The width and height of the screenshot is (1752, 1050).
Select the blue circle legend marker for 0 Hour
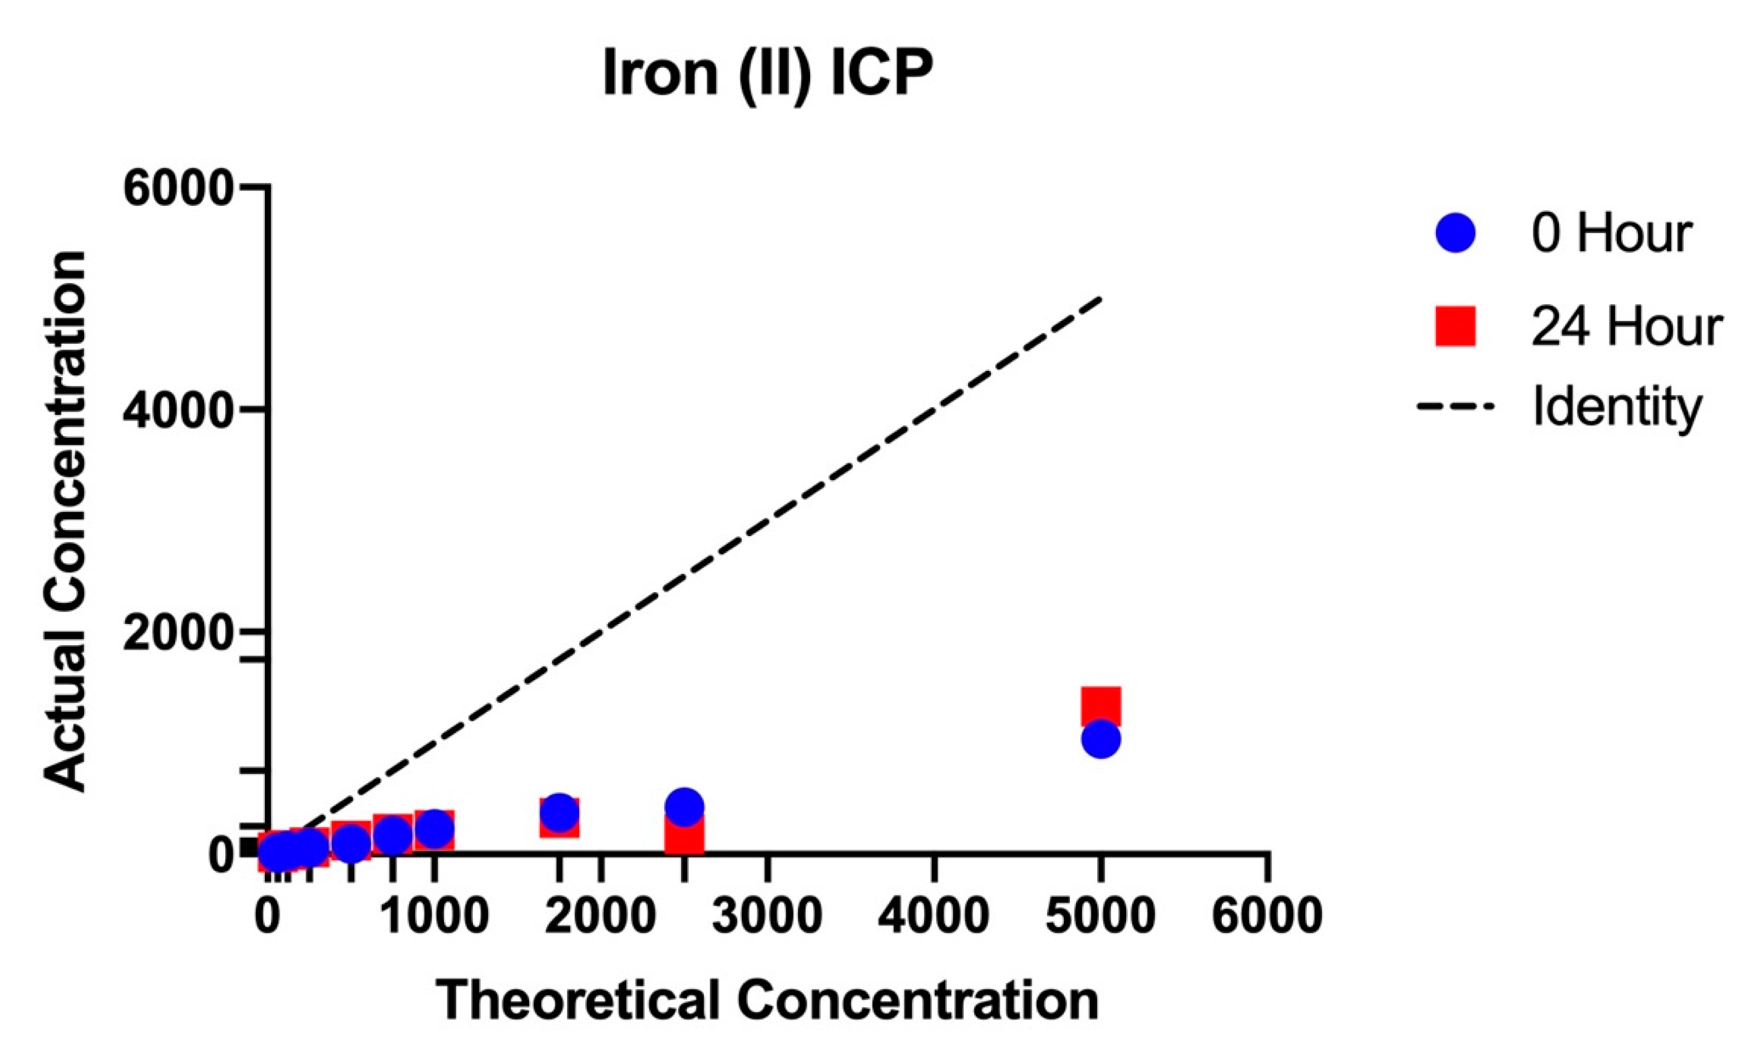point(1455,233)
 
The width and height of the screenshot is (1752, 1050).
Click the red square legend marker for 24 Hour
point(1455,326)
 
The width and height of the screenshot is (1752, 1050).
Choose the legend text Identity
point(1617,408)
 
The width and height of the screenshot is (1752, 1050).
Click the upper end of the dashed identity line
point(1099,300)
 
